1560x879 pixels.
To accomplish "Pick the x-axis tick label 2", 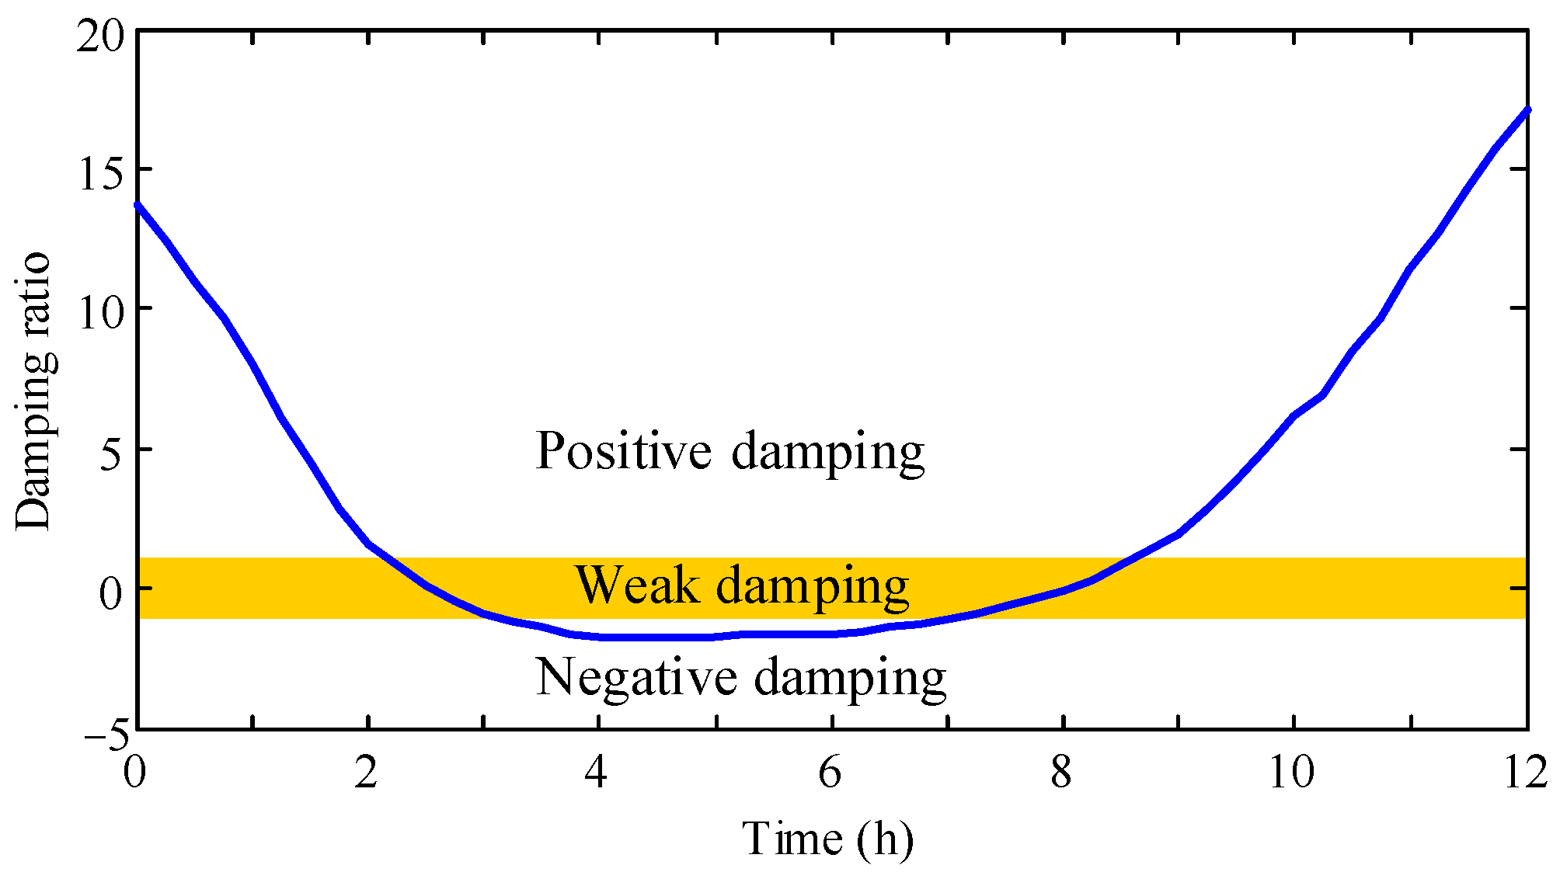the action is (x=366, y=773).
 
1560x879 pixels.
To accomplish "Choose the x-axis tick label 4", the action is (x=597, y=773).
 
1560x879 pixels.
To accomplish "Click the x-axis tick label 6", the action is (x=830, y=773).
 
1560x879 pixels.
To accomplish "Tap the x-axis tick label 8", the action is (x=1061, y=773).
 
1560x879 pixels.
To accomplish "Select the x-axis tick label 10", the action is (x=1292, y=773).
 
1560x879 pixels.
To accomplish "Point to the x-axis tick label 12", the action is (x=1525, y=773).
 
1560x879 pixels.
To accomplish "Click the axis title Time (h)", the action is (x=828, y=839).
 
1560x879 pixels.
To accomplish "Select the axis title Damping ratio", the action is (x=34, y=391).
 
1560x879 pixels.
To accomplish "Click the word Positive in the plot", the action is (x=624, y=450).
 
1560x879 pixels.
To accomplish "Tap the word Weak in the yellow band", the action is (x=637, y=585).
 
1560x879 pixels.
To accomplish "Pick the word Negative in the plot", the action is (x=636, y=677).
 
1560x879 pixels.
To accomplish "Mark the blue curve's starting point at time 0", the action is (x=138, y=204).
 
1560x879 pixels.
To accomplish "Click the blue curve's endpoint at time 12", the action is (x=1527, y=109).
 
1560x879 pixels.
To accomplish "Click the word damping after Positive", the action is (x=828, y=452).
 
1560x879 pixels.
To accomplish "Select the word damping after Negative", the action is (x=851, y=679).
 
